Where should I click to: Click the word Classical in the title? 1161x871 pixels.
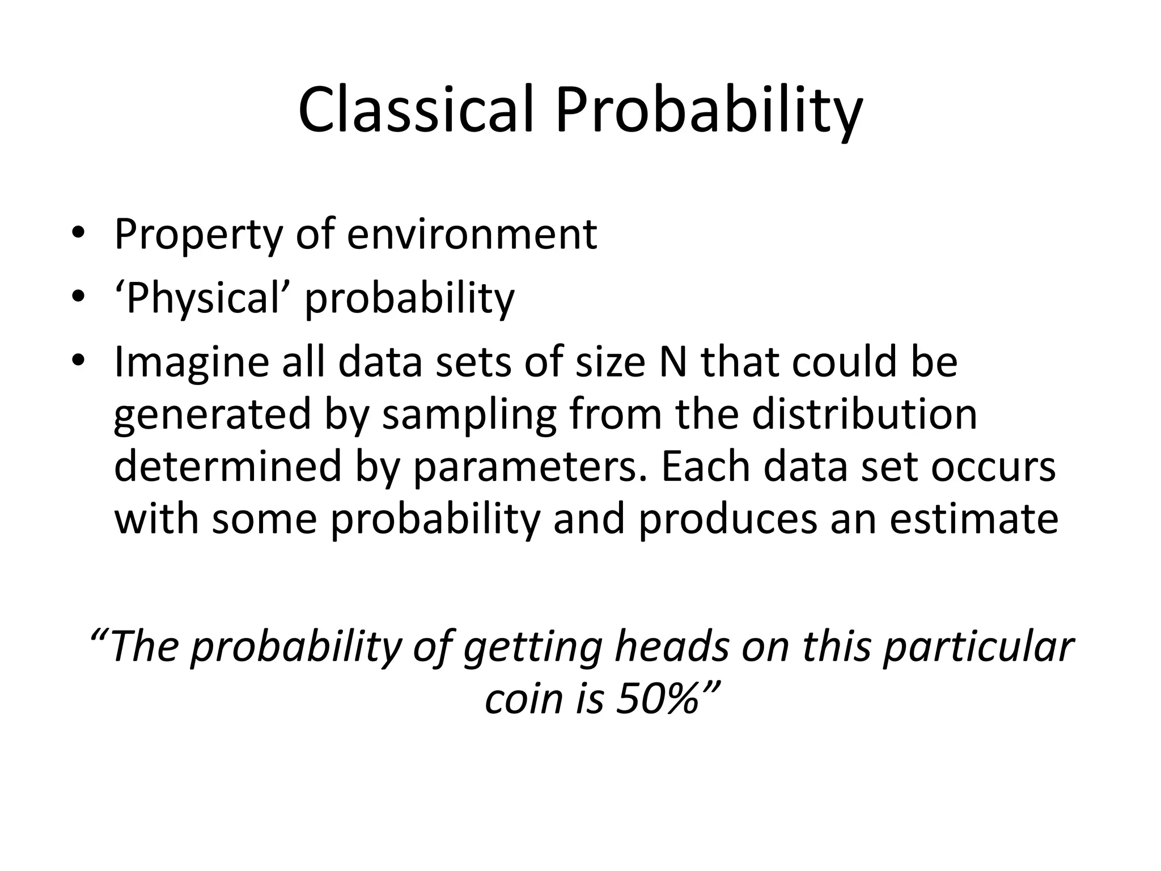click(x=416, y=110)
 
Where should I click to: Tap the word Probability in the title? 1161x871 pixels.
click(x=709, y=110)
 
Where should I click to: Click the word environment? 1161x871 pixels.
click(x=472, y=234)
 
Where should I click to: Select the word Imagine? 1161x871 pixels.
click(x=192, y=363)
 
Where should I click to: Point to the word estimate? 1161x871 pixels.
click(x=973, y=519)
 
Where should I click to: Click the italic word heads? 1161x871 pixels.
click(x=672, y=647)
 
